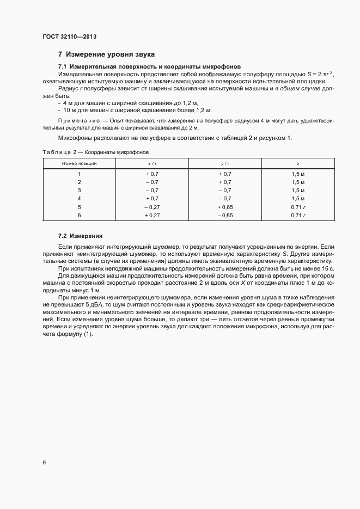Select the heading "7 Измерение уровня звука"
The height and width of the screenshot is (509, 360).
(106, 54)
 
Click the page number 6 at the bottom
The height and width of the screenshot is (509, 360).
(44, 463)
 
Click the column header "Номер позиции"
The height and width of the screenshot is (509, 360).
(79, 163)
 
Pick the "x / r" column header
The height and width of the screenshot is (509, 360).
(151, 163)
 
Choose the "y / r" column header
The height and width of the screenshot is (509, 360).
(224, 163)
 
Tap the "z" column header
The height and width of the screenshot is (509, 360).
(297, 163)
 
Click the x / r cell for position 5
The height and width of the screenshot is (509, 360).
(151, 207)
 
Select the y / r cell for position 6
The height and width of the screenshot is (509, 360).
(224, 216)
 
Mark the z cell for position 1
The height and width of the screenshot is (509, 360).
(297, 173)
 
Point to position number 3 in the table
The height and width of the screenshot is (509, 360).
(79, 190)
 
